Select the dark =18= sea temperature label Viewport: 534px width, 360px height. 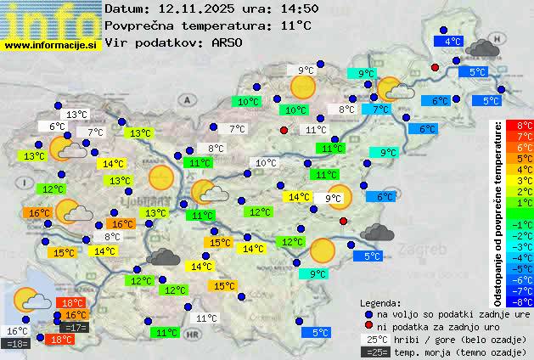(x=16, y=343)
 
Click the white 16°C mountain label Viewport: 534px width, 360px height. (x=16, y=331)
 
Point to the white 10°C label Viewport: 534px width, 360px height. (x=266, y=163)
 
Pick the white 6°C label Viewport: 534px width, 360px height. (x=57, y=127)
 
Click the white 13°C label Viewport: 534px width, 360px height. (x=76, y=115)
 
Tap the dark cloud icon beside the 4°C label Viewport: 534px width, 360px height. (x=482, y=48)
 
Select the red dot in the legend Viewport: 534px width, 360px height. (x=368, y=327)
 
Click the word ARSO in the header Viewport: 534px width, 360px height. (x=229, y=42)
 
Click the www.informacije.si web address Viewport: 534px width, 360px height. (x=50, y=45)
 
